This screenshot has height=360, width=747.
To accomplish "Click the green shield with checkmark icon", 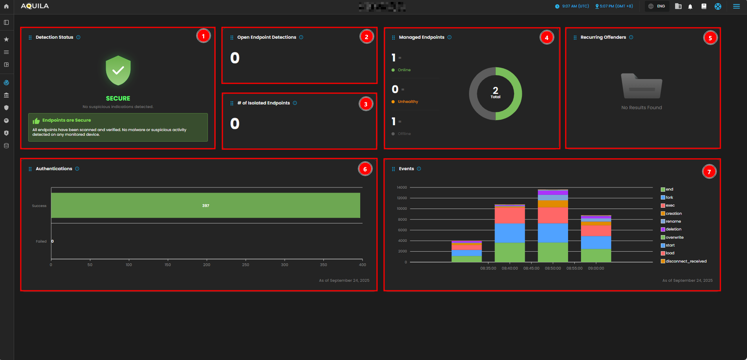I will click(x=118, y=70).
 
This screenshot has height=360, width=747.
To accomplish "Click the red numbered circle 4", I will click(x=547, y=38).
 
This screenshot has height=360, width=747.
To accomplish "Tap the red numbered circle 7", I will click(x=709, y=172).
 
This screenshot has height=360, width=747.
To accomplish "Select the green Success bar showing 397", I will click(x=206, y=205).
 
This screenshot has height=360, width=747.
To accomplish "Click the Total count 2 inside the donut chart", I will click(x=495, y=92).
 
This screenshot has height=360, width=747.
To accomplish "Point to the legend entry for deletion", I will click(x=673, y=229).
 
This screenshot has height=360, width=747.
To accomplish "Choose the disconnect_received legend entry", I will click(x=686, y=261).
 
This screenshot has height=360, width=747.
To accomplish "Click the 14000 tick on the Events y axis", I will click(x=402, y=187).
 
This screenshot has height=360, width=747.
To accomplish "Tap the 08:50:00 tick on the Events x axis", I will click(x=553, y=268).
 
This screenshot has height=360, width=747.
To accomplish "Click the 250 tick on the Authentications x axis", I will click(x=245, y=265).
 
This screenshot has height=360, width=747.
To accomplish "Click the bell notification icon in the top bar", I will click(x=690, y=7).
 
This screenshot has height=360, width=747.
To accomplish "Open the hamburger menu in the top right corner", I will click(x=736, y=6).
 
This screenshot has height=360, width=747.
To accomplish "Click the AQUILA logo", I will click(x=35, y=6).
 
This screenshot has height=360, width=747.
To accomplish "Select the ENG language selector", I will click(x=657, y=6).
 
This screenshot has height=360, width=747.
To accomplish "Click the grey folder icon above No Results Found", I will click(x=641, y=86).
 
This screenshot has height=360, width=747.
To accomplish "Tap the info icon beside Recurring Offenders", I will click(x=631, y=37).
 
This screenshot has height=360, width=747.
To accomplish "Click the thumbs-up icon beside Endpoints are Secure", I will click(x=36, y=121).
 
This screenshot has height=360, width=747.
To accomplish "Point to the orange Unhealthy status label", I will click(x=408, y=102).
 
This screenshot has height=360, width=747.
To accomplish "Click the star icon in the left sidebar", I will click(x=6, y=40).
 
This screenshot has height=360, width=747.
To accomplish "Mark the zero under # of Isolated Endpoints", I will click(x=235, y=124).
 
